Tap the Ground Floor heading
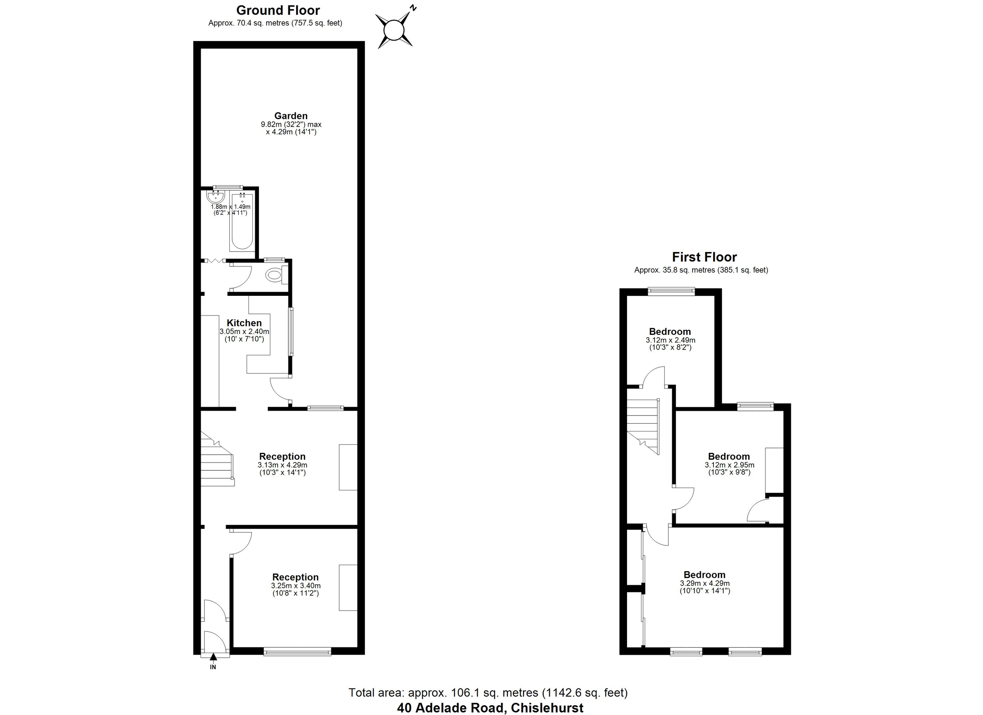click(x=278, y=10)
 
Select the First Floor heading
click(x=704, y=257)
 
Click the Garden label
click(x=291, y=116)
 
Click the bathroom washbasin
click(x=214, y=197)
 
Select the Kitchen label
click(x=244, y=323)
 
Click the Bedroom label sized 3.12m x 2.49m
click(x=670, y=332)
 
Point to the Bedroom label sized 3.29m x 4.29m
click(x=704, y=575)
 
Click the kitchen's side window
click(x=291, y=332)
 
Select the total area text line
click(x=488, y=692)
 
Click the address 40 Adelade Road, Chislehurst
click(x=490, y=708)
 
